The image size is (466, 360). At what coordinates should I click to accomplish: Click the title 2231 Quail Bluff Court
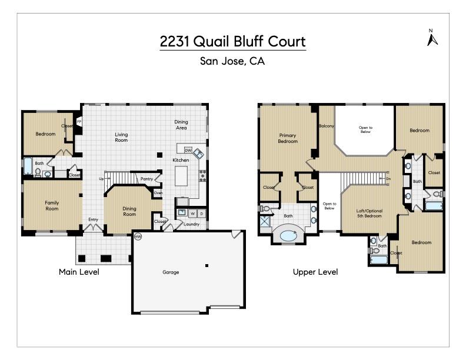coord(233,42)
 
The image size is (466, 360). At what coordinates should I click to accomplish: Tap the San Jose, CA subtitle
coord(232,61)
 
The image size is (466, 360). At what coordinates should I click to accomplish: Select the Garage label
coord(171,272)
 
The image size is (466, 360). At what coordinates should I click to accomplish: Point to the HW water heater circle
coord(138,236)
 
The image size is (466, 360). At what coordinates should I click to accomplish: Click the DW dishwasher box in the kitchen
coord(188,150)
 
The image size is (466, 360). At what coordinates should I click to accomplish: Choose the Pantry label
coord(147,179)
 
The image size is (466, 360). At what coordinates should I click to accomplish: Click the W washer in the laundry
coord(192,213)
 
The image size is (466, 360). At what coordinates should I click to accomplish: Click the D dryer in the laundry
coord(202,213)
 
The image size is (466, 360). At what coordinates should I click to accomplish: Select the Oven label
coord(157,193)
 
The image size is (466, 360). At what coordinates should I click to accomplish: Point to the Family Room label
coord(52,206)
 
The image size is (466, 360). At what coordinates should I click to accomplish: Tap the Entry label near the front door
coord(93,220)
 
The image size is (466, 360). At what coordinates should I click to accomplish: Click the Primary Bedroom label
coord(288,138)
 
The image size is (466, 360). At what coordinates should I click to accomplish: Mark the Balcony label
coord(327,126)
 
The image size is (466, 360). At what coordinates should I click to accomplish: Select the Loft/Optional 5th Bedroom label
coord(370,213)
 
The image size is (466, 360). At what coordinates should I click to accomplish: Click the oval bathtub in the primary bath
coord(288,235)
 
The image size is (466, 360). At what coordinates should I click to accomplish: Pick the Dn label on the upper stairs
coord(388,178)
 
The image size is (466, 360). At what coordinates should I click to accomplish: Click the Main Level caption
coord(79,272)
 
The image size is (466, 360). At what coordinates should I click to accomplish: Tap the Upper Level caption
coord(315,272)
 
